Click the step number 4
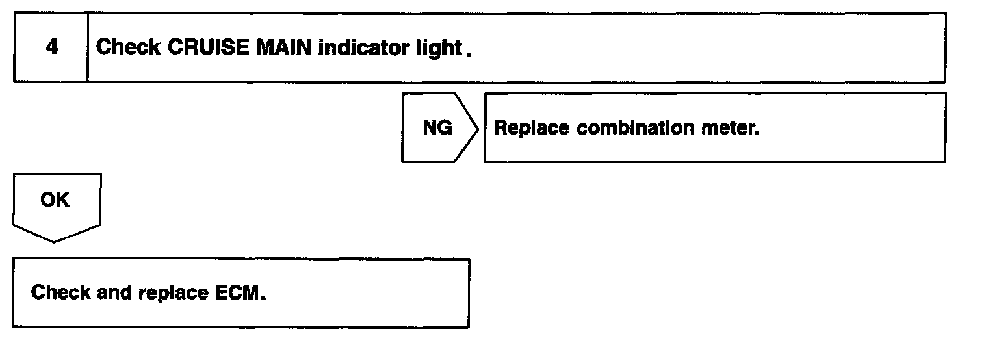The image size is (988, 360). (x=51, y=48)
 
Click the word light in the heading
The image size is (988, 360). (x=438, y=48)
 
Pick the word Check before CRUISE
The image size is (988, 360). (x=128, y=48)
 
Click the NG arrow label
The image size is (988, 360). (x=437, y=128)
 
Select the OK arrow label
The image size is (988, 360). (x=55, y=201)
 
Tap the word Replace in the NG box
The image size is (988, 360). (x=532, y=128)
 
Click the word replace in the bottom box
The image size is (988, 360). (x=174, y=293)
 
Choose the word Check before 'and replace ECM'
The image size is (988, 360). (x=61, y=293)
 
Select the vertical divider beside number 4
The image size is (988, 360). (x=88, y=48)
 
